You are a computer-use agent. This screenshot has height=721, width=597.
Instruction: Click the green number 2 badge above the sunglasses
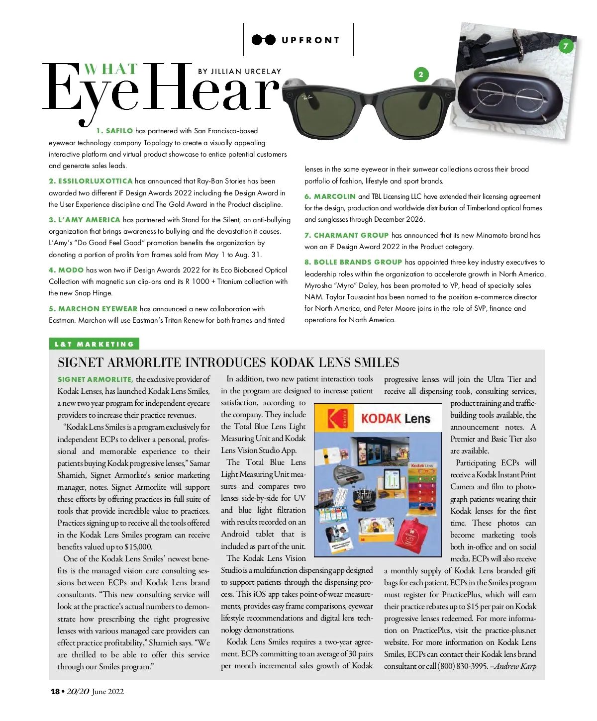[421, 75]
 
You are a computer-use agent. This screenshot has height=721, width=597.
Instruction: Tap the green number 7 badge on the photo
[565, 46]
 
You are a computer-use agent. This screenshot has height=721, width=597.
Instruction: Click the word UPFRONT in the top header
[310, 40]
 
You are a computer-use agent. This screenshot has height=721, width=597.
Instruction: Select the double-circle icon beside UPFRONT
[263, 40]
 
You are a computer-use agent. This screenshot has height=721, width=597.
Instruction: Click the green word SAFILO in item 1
[119, 131]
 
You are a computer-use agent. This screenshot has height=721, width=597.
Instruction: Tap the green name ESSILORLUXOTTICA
[96, 181]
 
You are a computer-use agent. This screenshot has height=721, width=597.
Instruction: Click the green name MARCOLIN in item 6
[334, 196]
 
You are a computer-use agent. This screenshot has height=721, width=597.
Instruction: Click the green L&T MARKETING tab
[94, 344]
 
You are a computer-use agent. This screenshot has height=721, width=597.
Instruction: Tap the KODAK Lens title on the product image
[396, 419]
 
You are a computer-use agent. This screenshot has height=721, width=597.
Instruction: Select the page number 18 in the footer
[55, 691]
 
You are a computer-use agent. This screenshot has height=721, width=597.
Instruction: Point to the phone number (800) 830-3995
[463, 666]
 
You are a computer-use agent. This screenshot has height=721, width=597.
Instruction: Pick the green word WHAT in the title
[110, 69]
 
